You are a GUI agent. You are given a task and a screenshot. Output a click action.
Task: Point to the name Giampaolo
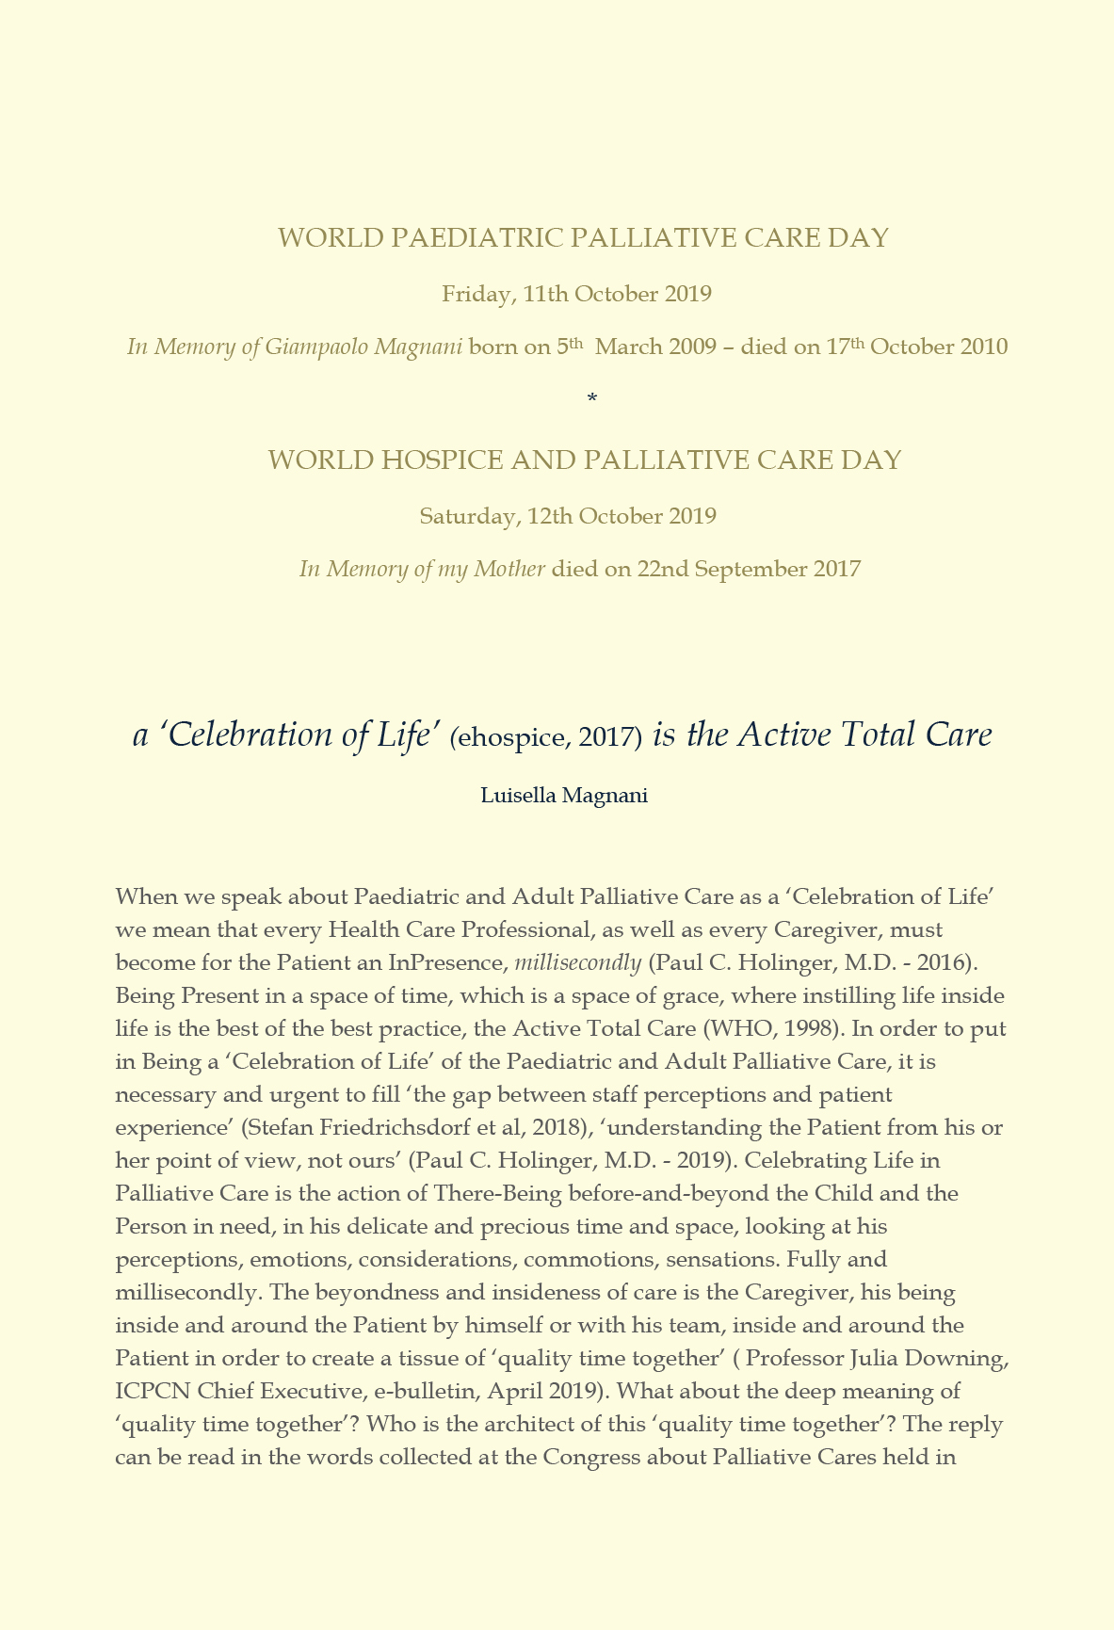315,347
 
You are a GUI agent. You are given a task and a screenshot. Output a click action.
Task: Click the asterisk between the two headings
591,399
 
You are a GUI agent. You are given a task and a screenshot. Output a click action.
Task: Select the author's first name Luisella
519,796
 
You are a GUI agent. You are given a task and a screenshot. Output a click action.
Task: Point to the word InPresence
448,962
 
